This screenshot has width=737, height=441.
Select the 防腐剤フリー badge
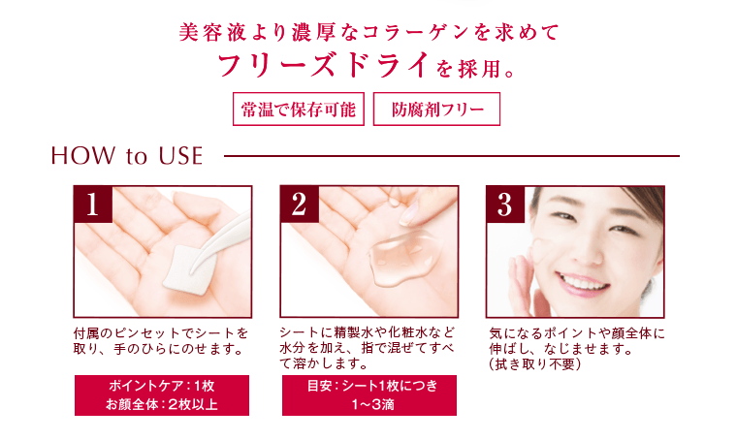click(436, 109)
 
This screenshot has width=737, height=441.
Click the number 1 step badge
click(93, 205)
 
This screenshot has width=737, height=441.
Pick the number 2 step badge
click(299, 205)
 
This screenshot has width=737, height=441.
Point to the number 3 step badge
click(504, 205)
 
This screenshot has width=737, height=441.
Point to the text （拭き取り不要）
click(534, 364)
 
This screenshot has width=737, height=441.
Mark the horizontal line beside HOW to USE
click(451, 155)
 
